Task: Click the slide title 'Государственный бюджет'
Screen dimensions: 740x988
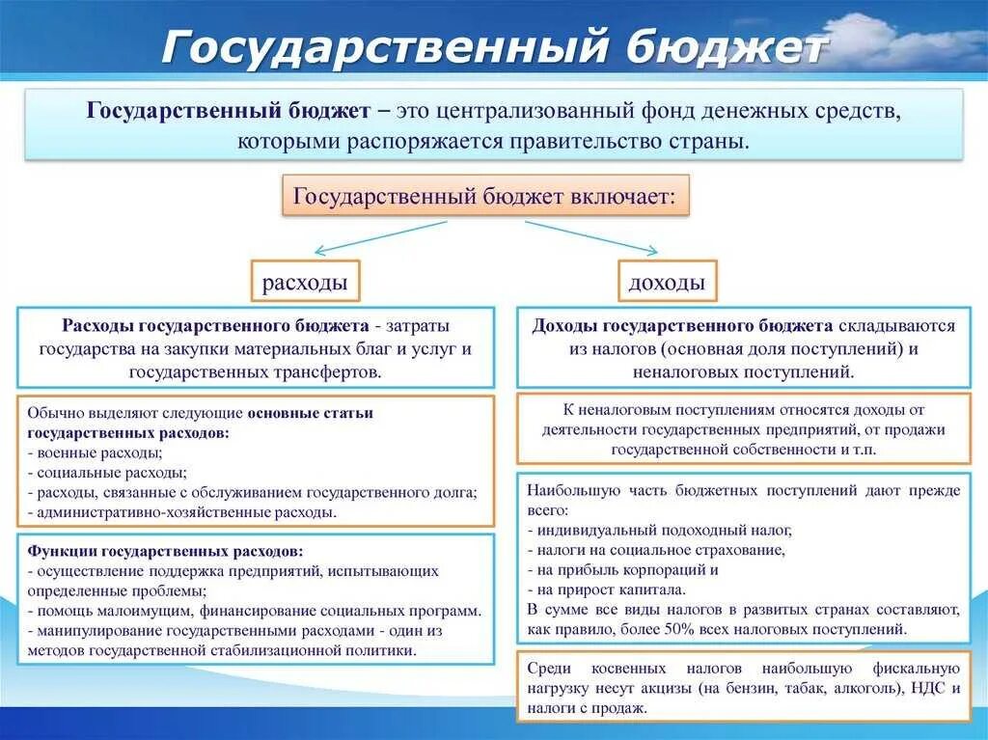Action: [493, 46]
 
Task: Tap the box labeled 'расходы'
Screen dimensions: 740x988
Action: [305, 283]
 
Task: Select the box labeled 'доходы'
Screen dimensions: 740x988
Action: [666, 283]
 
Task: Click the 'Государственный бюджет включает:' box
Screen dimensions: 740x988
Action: [485, 196]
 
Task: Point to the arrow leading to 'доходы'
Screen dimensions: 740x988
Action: [589, 237]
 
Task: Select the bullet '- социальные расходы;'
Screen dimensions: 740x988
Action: [107, 473]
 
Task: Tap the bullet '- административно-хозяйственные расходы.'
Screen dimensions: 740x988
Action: [182, 512]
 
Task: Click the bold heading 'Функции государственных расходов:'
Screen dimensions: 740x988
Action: [165, 552]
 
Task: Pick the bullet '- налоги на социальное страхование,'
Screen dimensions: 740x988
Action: [656, 550]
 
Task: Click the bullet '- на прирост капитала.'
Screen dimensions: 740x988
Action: [607, 589]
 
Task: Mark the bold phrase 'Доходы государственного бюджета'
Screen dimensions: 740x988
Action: [682, 325]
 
